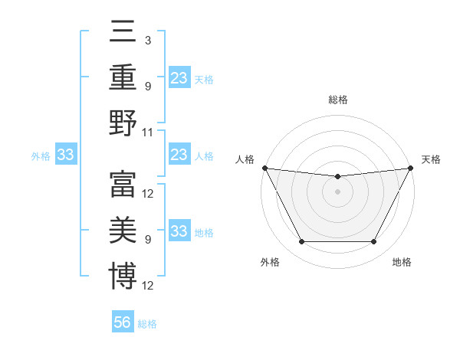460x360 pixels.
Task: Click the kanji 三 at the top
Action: [x=123, y=31]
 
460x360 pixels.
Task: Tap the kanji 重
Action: [x=123, y=77]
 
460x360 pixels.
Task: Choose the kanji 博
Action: [x=123, y=276]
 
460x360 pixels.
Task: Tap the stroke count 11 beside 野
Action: [x=148, y=132]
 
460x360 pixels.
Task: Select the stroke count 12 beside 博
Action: [x=149, y=286]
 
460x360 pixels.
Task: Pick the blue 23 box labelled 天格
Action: [x=179, y=77]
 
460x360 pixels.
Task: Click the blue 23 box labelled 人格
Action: [x=179, y=155]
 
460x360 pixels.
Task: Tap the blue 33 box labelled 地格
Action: [x=179, y=231]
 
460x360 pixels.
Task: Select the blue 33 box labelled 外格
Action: [x=66, y=155]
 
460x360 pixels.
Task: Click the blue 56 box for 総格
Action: [x=123, y=322]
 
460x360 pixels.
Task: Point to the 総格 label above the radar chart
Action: [x=337, y=100]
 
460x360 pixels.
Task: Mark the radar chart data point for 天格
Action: [x=411, y=168]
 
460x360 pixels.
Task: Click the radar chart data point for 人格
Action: [x=264, y=168]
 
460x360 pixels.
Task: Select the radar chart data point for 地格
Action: [x=373, y=242]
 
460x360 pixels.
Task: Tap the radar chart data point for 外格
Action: [x=301, y=242]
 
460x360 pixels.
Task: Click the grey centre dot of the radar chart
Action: [x=337, y=191]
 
